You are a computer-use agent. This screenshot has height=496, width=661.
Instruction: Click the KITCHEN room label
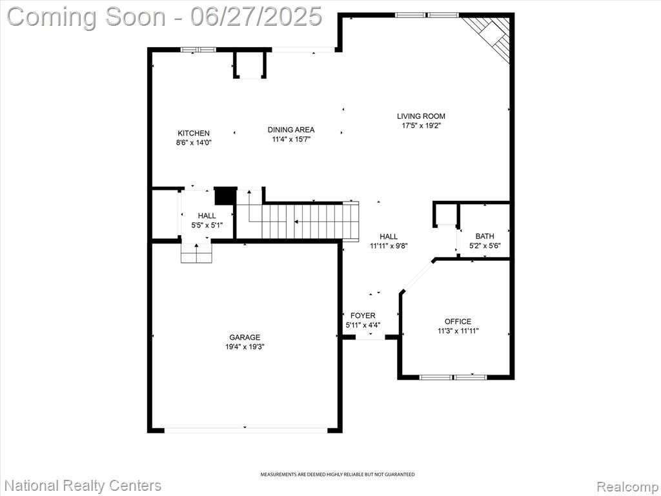pyautogui.click(x=194, y=133)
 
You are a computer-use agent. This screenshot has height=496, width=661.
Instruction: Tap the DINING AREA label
pyautogui.click(x=291, y=130)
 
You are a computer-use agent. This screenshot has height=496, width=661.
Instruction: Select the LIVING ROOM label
pyautogui.click(x=421, y=116)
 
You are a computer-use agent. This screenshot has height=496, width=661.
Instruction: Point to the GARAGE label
pyautogui.click(x=245, y=337)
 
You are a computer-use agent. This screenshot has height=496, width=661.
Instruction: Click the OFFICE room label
pyautogui.click(x=458, y=322)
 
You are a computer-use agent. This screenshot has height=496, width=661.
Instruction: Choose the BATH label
pyautogui.click(x=485, y=236)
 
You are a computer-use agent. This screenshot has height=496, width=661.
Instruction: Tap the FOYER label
pyautogui.click(x=363, y=315)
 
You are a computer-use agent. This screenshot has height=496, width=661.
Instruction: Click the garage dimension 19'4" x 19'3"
pyautogui.click(x=245, y=347)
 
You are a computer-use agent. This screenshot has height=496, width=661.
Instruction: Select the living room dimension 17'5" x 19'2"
pyautogui.click(x=421, y=125)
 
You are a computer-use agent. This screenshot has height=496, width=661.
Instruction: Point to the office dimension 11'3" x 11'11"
pyautogui.click(x=458, y=331)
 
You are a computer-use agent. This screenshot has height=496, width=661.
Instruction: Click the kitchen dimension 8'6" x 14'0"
pyautogui.click(x=194, y=143)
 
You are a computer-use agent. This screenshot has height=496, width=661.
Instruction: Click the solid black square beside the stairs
pyautogui.click(x=225, y=196)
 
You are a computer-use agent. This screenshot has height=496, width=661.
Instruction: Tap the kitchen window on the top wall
pyautogui.click(x=198, y=49)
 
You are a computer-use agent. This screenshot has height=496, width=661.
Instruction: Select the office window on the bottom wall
pyautogui.click(x=453, y=377)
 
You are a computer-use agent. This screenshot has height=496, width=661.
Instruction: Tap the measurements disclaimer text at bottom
pyautogui.click(x=337, y=475)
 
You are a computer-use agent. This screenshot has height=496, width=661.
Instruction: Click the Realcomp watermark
pyautogui.click(x=628, y=486)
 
